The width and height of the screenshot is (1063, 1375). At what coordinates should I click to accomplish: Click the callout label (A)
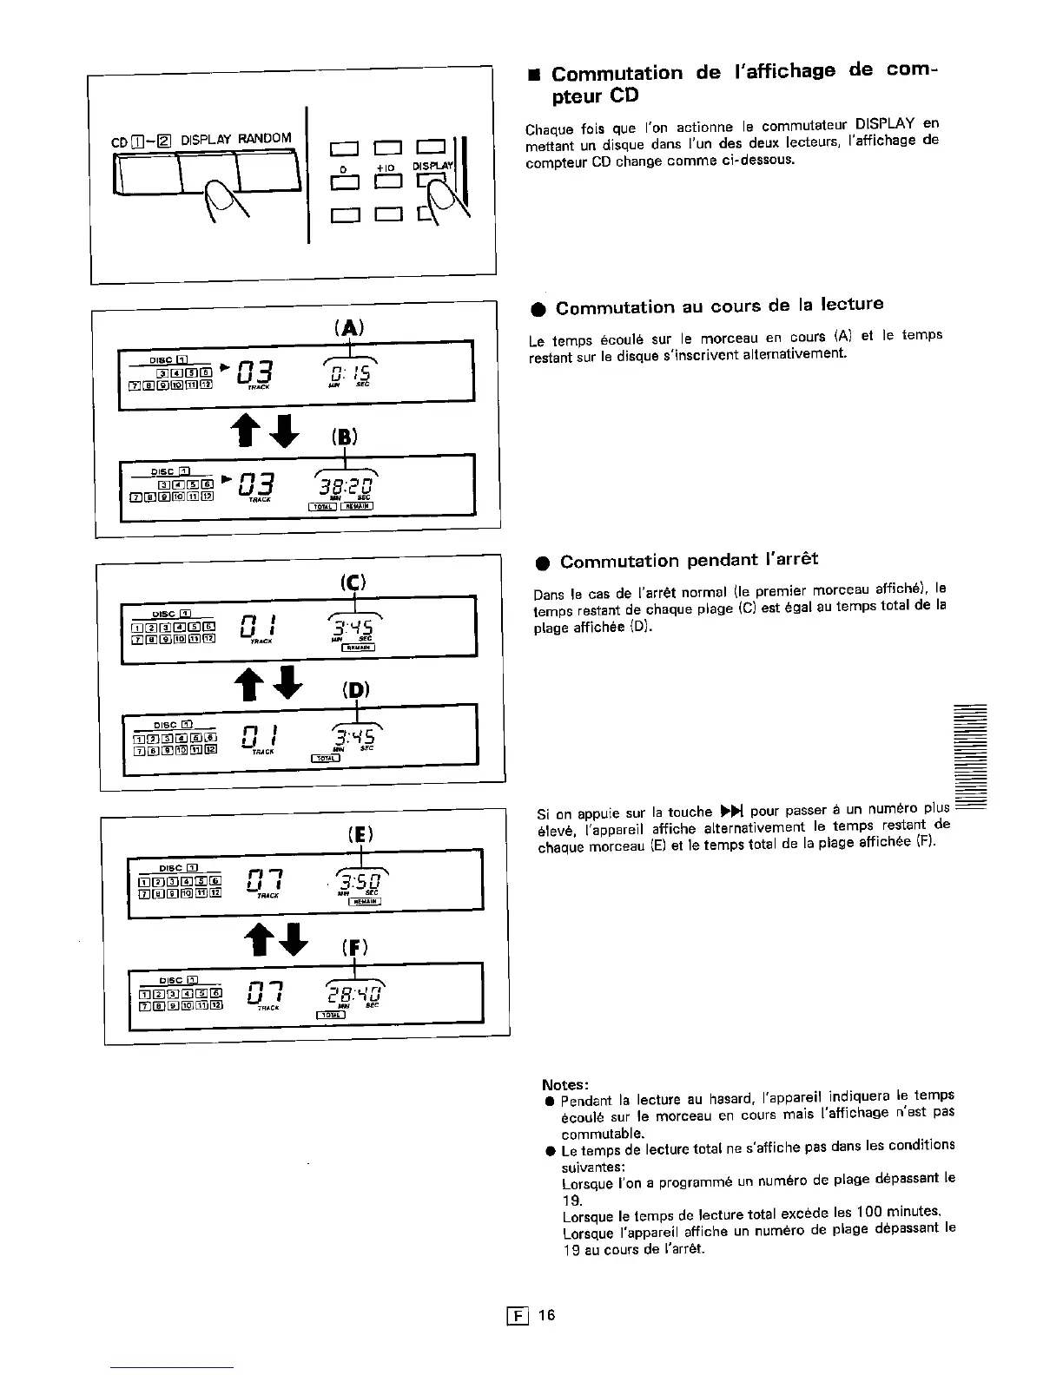348,327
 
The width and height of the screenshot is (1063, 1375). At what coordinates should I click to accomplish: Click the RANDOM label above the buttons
264,139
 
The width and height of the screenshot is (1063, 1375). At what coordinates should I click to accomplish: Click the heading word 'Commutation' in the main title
617,73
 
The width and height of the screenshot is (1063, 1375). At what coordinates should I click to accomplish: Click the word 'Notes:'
565,1084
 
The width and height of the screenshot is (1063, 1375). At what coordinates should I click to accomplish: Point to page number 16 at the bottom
545,1314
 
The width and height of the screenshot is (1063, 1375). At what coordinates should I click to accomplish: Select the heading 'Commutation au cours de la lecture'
719,306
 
